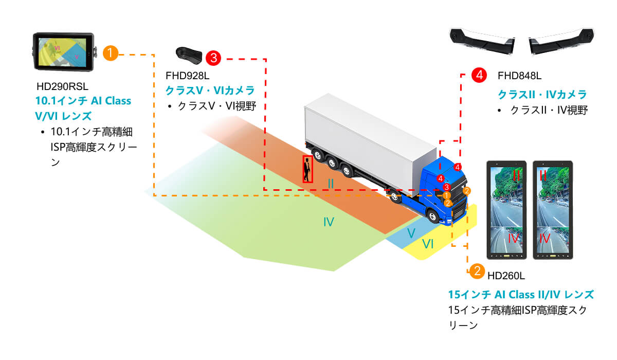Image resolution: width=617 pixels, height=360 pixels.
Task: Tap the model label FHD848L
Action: pos(519,76)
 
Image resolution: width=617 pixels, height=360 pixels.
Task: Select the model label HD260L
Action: pos(506,276)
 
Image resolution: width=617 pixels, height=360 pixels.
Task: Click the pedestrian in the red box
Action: pos(307,169)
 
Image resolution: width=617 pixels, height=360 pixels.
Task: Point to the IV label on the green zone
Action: pos(329,222)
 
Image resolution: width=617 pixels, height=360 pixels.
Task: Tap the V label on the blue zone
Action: pos(411,233)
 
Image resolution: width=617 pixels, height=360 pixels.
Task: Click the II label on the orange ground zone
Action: pos(331,183)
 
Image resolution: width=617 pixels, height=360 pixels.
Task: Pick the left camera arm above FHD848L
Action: pos(482,40)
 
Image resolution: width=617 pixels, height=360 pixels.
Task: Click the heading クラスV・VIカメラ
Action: pos(209,91)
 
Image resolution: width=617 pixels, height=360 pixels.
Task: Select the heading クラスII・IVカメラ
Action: pos(542,95)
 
